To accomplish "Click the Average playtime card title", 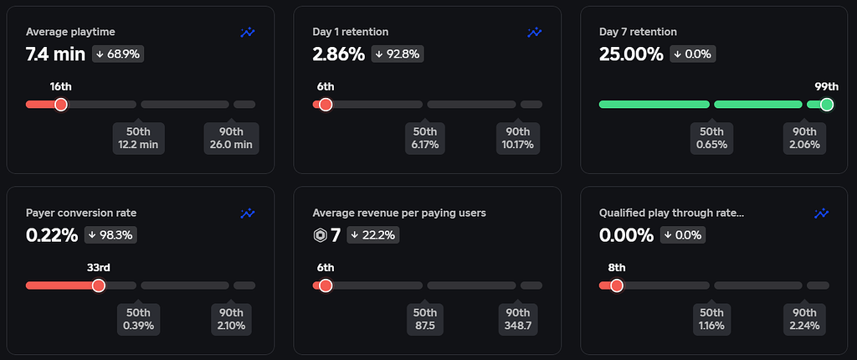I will [70, 32].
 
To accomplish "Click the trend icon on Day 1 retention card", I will [534, 32].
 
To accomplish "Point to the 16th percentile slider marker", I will [60, 105].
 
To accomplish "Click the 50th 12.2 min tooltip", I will [138, 138].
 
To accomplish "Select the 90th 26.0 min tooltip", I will [232, 138].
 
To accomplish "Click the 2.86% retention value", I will [338, 54].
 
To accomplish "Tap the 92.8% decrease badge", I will [398, 54].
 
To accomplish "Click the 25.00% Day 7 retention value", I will [631, 54].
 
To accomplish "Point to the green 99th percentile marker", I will [827, 105].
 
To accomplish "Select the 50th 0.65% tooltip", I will [711, 138].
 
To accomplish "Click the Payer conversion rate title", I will [81, 213].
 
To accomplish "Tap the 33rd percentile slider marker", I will [98, 285].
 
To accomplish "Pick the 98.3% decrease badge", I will [111, 235].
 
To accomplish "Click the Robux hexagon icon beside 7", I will [320, 235].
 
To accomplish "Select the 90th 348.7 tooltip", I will [518, 319].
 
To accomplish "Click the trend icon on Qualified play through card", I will [821, 213].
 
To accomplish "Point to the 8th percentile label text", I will [617, 268].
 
